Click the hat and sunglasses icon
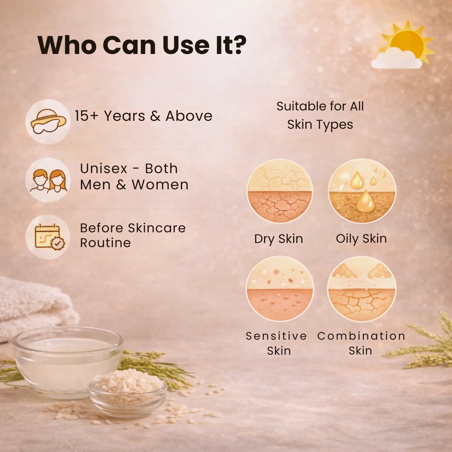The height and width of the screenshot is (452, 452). (48, 122)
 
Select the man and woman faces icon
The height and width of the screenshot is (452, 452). (48, 180)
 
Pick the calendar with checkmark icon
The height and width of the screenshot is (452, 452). (48, 237)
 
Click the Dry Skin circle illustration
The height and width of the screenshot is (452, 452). (280, 191)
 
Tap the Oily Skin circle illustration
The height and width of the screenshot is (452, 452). (362, 191)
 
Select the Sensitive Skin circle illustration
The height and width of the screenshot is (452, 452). (280, 288)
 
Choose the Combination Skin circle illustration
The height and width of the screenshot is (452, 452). (362, 288)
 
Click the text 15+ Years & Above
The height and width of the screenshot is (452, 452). (143, 116)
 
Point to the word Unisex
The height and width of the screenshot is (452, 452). (104, 169)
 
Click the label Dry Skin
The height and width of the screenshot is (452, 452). (278, 239)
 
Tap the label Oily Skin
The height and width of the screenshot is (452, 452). (361, 239)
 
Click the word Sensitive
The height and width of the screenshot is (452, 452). (276, 336)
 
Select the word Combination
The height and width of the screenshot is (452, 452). (361, 336)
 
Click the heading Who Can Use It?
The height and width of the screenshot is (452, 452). (142, 45)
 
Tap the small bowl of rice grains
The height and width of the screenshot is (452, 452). (128, 391)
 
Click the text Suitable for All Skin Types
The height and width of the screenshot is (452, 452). (320, 115)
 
